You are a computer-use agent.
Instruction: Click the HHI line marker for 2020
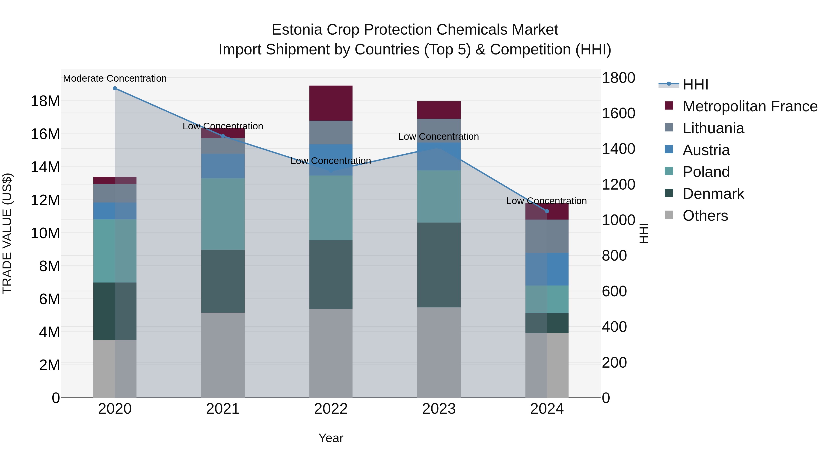click(115, 88)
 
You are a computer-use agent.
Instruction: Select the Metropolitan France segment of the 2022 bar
click(331, 103)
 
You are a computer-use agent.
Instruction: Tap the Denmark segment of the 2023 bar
click(439, 265)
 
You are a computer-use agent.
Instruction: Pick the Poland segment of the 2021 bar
click(223, 214)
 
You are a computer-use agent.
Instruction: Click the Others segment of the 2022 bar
click(331, 353)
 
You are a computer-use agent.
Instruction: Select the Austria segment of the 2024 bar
click(547, 269)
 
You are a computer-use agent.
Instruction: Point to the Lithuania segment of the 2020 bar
click(115, 193)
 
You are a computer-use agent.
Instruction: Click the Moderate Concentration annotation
click(115, 79)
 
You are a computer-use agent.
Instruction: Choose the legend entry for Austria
click(706, 150)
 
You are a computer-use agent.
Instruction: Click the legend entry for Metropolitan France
click(750, 106)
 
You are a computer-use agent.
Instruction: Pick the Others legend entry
click(705, 216)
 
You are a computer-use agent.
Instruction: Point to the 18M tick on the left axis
click(45, 101)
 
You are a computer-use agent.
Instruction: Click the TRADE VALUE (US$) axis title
click(7, 233)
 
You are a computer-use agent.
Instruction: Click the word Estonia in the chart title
click(297, 30)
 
